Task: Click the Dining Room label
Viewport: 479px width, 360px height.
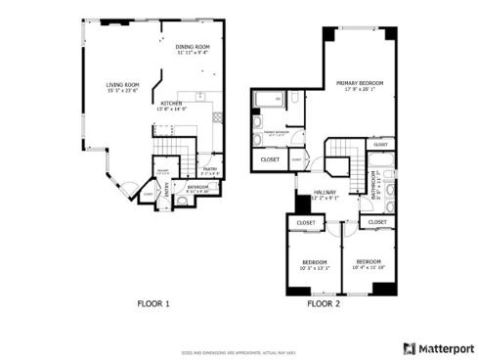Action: coord(192,47)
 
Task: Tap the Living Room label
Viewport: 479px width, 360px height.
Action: coord(122,85)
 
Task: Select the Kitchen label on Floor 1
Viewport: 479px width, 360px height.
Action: coord(172,103)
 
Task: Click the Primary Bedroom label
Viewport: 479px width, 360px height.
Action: coord(354,83)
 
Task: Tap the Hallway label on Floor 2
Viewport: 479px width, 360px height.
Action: coord(325,193)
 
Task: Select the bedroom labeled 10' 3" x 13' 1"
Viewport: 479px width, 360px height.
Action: coord(315,263)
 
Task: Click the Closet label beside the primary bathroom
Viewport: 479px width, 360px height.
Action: coord(270,158)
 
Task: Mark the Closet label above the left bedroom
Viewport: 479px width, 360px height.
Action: coord(306,223)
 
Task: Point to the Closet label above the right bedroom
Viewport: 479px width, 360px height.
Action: coord(373,223)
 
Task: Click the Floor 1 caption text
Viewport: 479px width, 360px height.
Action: coord(152,304)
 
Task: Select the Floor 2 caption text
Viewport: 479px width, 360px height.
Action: coord(323,304)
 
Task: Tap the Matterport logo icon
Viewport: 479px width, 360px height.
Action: coord(409,346)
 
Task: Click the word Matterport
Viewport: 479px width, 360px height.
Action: coord(445,346)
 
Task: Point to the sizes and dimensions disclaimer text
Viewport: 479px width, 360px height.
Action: coord(238,350)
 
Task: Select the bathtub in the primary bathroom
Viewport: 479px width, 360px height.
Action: coord(266,100)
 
